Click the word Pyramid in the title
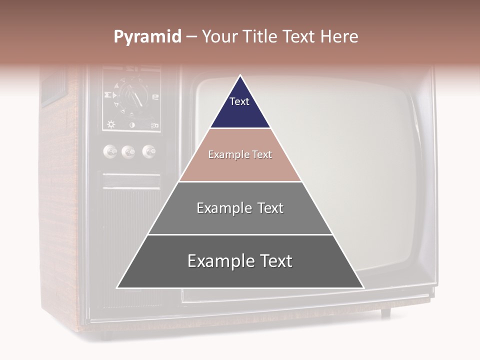pos(147,37)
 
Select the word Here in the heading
pos(339,37)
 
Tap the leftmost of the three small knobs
pos(110,151)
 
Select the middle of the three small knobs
pos(128,151)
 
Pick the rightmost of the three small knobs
pos(148,151)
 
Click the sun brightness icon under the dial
pos(111,124)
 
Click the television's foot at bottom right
pos(385,313)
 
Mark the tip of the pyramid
pos(240,76)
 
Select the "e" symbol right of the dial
pos(155,97)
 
